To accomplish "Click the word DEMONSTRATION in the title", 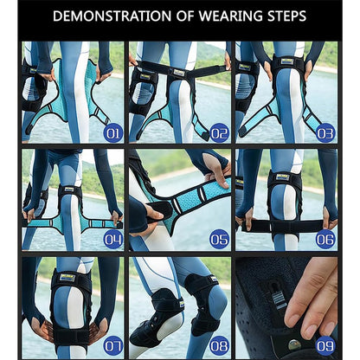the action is [112, 16].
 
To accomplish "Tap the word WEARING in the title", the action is [228, 16].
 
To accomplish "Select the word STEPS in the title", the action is [285, 16].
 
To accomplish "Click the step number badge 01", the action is [112, 133].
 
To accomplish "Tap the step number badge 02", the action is [220, 133].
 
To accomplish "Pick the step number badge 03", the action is [326, 133].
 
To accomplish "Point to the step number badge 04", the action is [112, 240].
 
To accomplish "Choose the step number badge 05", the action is [220, 240].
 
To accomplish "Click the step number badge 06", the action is [326, 240].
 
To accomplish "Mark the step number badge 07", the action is [112, 346].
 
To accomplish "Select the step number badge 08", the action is [220, 346].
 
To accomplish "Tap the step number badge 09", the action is [326, 346].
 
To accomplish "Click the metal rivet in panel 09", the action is [293, 344].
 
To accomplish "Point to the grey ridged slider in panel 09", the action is [280, 299].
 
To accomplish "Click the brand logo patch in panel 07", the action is [67, 278].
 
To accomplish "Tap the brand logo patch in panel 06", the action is [282, 177].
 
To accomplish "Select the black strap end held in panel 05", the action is [159, 209].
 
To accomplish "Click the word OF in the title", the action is [185, 16].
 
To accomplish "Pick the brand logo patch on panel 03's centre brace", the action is [287, 61].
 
